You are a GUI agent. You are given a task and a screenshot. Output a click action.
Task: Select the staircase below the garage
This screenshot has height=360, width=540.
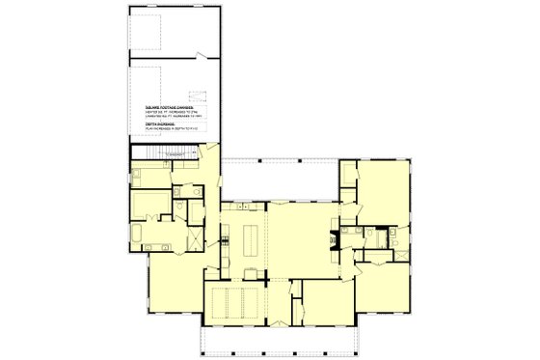pyautogui.click(x=151, y=152)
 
